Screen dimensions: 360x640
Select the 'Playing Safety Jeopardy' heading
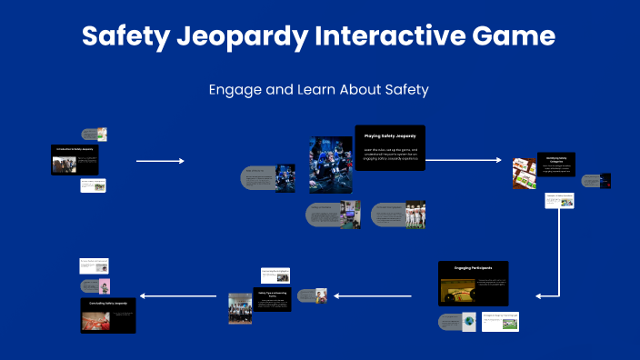[x=390, y=135]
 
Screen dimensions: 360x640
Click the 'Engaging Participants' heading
[x=473, y=269]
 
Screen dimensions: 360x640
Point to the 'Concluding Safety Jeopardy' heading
[x=108, y=302]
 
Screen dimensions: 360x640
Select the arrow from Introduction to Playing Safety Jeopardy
[x=160, y=161]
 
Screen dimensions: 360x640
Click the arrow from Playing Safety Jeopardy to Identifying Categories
[x=464, y=160]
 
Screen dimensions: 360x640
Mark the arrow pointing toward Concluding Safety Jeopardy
[x=178, y=295]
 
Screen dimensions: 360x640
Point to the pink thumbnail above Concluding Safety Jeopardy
[x=105, y=285]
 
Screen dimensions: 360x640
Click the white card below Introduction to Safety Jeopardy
[x=93, y=185]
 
